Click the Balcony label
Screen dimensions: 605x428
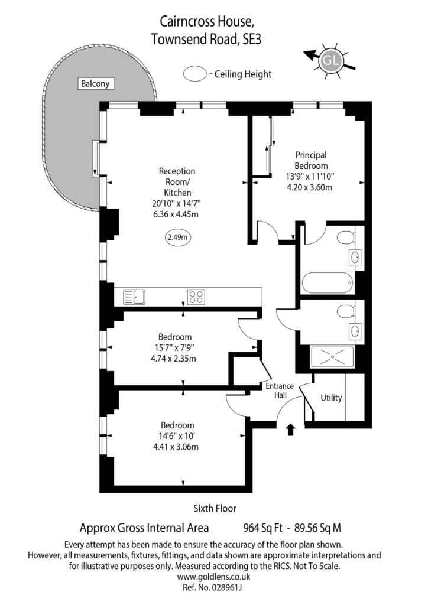pyautogui.click(x=96, y=84)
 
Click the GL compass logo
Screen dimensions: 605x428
pyautogui.click(x=330, y=60)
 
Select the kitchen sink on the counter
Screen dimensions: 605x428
pyautogui.click(x=134, y=296)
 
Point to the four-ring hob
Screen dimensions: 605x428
pyautogui.click(x=196, y=296)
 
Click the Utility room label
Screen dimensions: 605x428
pyautogui.click(x=331, y=398)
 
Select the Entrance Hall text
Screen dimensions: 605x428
pyautogui.click(x=280, y=391)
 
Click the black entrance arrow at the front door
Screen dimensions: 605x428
pyautogui.click(x=290, y=429)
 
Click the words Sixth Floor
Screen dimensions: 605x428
pyautogui.click(x=215, y=508)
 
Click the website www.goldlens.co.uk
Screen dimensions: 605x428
pyautogui.click(x=214, y=577)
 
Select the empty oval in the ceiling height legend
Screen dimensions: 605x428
pyautogui.click(x=193, y=74)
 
